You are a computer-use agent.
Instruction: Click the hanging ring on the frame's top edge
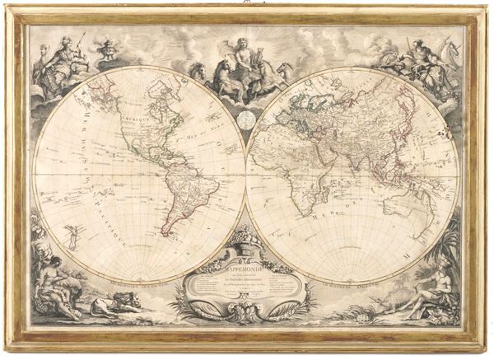click(x=246, y=4)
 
